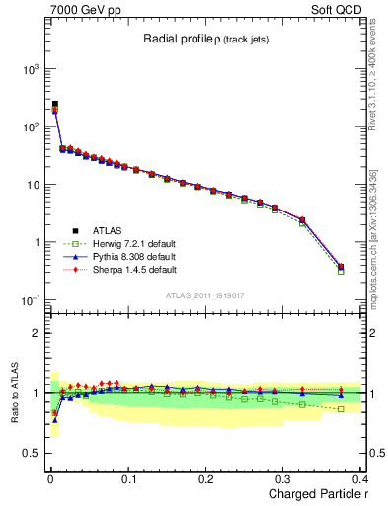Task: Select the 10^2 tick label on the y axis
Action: (x=30, y=126)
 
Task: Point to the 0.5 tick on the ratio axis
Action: (x=32, y=454)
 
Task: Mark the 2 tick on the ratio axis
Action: (x=37, y=333)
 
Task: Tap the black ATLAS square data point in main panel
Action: (x=54, y=104)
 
